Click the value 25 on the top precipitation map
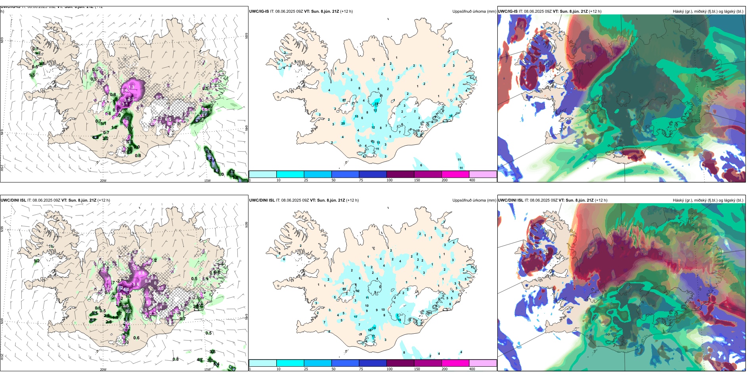[x=343, y=123]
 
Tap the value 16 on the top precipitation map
[x=451, y=116]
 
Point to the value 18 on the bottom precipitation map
[x=399, y=320]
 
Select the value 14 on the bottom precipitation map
[x=374, y=328]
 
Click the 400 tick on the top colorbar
[x=472, y=180]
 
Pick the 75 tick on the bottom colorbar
[x=361, y=369]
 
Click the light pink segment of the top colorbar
[x=483, y=174]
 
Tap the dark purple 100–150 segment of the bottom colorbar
[x=400, y=363]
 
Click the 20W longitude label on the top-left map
[x=103, y=181]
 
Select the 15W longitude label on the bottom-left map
[x=207, y=369]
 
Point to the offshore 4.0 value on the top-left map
[x=208, y=152]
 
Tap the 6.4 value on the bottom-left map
[x=216, y=364]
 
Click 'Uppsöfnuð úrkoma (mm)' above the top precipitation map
[x=474, y=12]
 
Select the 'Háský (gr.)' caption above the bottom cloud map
[x=682, y=200]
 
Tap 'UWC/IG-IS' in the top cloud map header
[x=508, y=12]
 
